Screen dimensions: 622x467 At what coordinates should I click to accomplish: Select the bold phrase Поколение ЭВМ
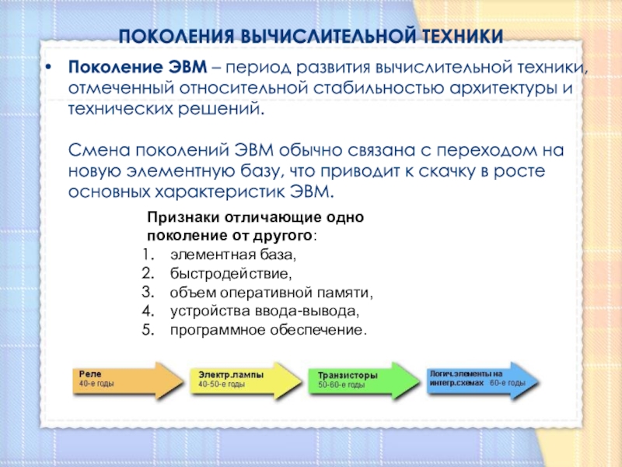pyautogui.click(x=138, y=67)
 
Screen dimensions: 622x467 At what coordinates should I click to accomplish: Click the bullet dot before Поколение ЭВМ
pyautogui.click(x=48, y=68)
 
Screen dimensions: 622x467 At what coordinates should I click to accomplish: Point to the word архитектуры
pyautogui.click(x=503, y=89)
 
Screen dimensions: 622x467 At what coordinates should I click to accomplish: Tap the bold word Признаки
pyautogui.click(x=183, y=218)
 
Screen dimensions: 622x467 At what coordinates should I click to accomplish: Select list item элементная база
pyautogui.click(x=233, y=255)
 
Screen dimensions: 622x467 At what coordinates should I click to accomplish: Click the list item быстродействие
pyautogui.click(x=231, y=274)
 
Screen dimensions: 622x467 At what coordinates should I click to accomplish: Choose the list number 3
pyautogui.click(x=148, y=293)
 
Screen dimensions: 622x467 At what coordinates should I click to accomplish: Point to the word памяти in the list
pyautogui.click(x=344, y=293)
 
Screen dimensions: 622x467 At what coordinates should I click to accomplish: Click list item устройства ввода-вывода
pyautogui.click(x=264, y=311)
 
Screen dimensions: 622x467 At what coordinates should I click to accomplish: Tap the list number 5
pyautogui.click(x=148, y=330)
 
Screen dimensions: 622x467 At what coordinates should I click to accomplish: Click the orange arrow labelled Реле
pyautogui.click(x=128, y=380)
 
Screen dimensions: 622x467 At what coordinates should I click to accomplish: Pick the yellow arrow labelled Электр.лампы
pyautogui.click(x=246, y=380)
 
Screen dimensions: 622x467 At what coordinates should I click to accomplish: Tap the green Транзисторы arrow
pyautogui.click(x=364, y=381)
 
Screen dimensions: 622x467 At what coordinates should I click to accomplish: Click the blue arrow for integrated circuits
pyautogui.click(x=482, y=380)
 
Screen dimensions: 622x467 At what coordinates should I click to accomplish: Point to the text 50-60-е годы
pyautogui.click(x=341, y=384)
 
